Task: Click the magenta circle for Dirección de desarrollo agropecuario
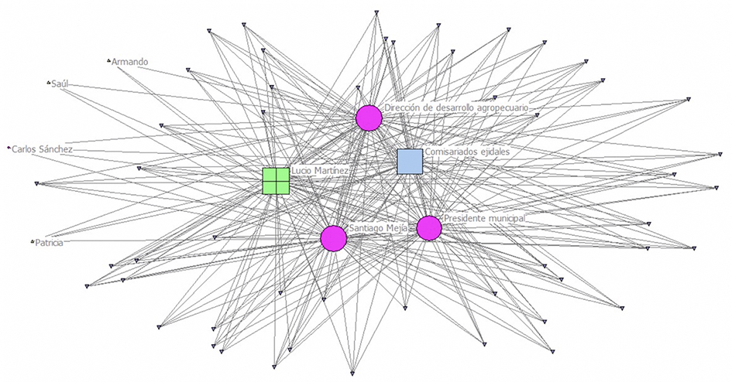click(369, 118)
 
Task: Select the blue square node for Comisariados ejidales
click(409, 162)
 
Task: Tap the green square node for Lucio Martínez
click(276, 180)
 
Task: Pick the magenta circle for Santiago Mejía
click(333, 237)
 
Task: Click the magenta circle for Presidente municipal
click(429, 228)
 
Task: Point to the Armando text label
click(129, 61)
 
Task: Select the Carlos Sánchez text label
click(43, 148)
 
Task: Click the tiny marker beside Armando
click(108, 60)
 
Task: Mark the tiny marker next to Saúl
click(48, 82)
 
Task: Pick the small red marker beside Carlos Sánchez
click(9, 146)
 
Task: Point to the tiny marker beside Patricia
click(33, 242)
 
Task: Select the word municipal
click(506, 219)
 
